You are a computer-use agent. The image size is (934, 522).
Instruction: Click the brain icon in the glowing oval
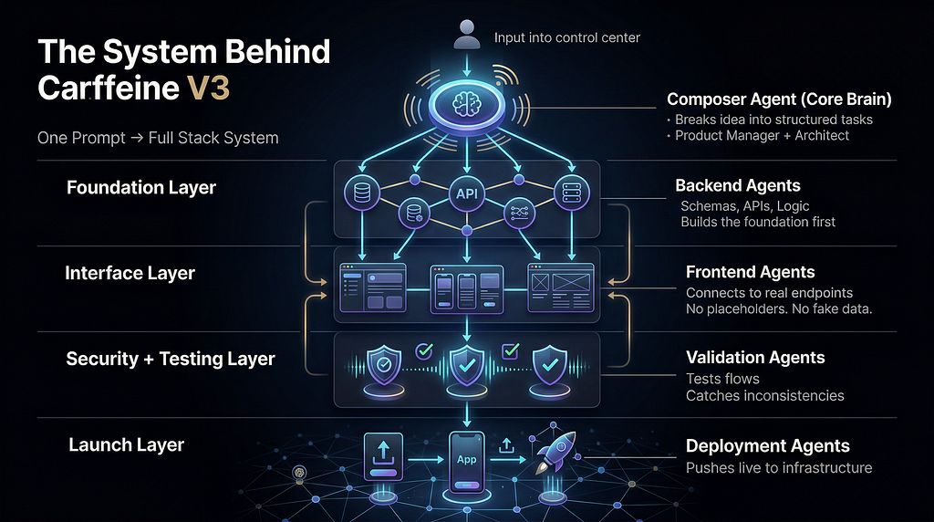click(x=466, y=105)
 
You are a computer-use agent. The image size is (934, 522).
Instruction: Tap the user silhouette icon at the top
click(x=466, y=34)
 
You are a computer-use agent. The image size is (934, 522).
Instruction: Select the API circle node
click(x=466, y=193)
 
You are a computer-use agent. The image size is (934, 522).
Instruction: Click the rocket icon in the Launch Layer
click(x=555, y=452)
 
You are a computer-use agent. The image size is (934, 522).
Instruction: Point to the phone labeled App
click(x=466, y=463)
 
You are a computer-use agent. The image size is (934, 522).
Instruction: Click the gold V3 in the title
click(x=209, y=89)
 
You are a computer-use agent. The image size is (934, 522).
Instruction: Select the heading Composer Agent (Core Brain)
click(x=779, y=99)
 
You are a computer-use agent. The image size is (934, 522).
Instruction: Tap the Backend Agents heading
click(x=737, y=185)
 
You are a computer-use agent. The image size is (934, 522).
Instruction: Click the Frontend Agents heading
click(x=750, y=272)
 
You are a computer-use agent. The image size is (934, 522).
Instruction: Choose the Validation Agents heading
click(x=755, y=358)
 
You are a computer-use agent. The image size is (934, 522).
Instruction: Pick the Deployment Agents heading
click(x=768, y=445)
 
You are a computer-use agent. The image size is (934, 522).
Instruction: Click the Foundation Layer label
click(x=141, y=188)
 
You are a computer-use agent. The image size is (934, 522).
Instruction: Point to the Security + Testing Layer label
click(x=171, y=359)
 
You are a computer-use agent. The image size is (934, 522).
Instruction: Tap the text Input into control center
click(x=567, y=37)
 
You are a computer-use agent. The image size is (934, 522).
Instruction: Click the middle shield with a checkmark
click(x=466, y=365)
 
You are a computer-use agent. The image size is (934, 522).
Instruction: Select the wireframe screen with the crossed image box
click(x=561, y=287)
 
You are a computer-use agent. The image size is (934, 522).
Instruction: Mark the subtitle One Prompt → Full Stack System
click(x=158, y=138)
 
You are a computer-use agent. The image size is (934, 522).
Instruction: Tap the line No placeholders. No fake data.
click(x=779, y=308)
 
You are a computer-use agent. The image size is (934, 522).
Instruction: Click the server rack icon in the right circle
click(x=571, y=193)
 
